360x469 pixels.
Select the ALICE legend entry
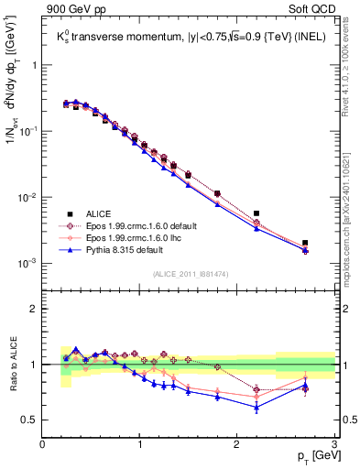(x=101, y=212)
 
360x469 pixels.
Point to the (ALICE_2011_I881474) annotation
(x=188, y=273)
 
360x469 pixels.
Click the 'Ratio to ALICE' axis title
(x=11, y=364)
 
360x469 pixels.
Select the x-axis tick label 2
(x=237, y=443)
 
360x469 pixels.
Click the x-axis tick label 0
(x=42, y=443)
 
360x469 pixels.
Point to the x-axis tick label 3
(x=334, y=443)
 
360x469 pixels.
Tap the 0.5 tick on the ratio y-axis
(x=30, y=420)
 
